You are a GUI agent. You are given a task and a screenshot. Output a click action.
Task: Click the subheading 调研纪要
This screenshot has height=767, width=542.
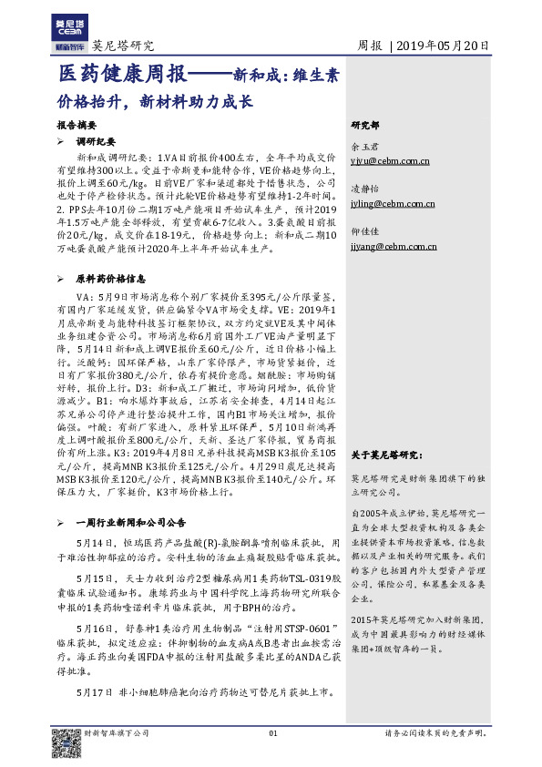(x=95, y=142)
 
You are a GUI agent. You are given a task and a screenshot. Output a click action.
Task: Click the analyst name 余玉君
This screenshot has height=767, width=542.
(x=363, y=146)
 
